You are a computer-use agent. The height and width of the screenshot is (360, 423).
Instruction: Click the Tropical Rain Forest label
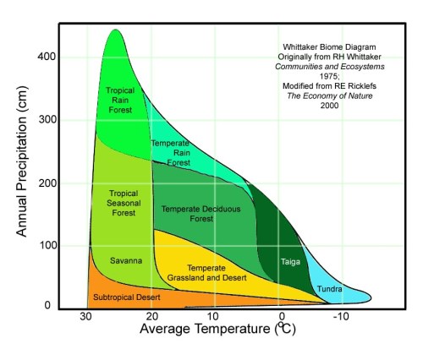tap(120, 100)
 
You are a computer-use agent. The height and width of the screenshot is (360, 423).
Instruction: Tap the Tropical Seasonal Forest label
tap(124, 203)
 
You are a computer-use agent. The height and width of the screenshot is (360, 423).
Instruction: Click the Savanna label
tap(125, 260)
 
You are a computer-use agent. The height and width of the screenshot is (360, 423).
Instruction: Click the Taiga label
tap(290, 261)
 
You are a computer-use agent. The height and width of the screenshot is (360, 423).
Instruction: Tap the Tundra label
tap(329, 290)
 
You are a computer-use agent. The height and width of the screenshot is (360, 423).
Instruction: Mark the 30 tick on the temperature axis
tap(86, 316)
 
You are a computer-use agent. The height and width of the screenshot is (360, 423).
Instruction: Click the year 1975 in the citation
tap(330, 71)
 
